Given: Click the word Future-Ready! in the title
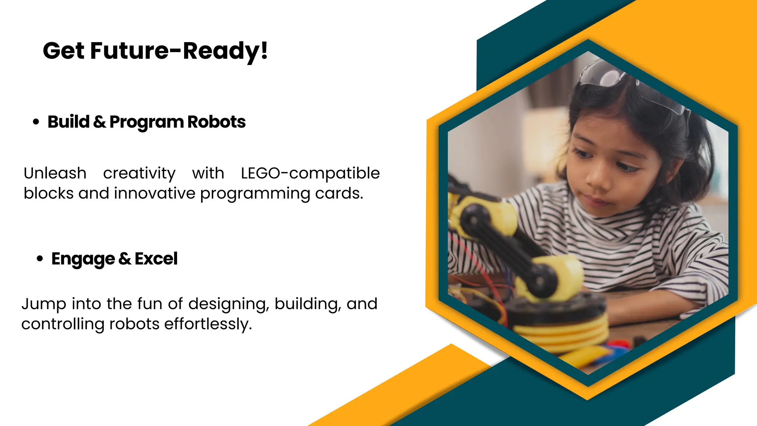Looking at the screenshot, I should coord(179,51).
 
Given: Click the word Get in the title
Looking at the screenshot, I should coord(64,51).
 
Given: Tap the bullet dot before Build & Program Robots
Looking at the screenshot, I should coord(36,122).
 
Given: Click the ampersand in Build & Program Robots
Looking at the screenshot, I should coord(99,122).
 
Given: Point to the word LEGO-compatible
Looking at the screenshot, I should coord(310,173).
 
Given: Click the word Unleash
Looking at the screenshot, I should coord(55,173).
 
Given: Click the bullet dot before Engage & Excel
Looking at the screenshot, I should coord(40,258).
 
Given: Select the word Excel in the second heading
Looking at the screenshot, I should coord(156,259).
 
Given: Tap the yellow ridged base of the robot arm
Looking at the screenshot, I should coord(562,333).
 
